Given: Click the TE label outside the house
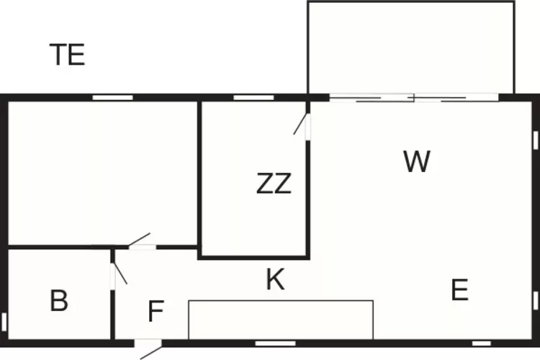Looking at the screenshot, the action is click(68, 55).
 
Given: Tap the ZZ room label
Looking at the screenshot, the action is click(274, 184).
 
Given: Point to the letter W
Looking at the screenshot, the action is click(417, 161).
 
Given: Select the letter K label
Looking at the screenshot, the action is click(276, 279).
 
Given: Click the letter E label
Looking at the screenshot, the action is click(460, 289).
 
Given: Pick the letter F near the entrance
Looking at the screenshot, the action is click(156, 311).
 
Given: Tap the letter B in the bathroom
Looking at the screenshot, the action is click(59, 300).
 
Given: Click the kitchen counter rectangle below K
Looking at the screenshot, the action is click(281, 320).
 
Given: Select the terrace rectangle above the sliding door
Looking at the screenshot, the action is click(411, 48).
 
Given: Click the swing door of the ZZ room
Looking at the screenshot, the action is click(300, 124).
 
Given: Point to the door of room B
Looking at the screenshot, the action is click(120, 274).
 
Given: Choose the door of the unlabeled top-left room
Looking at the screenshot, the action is click(139, 240).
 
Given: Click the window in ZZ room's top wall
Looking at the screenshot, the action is click(254, 98).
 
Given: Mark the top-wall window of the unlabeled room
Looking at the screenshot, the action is click(112, 98).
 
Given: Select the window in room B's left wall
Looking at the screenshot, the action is click(4, 321).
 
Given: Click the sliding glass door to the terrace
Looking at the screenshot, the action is click(414, 98).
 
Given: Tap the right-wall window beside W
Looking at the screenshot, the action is click(536, 140).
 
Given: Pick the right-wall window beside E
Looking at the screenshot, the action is click(536, 300).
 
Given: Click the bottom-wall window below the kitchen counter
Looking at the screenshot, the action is click(276, 343).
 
